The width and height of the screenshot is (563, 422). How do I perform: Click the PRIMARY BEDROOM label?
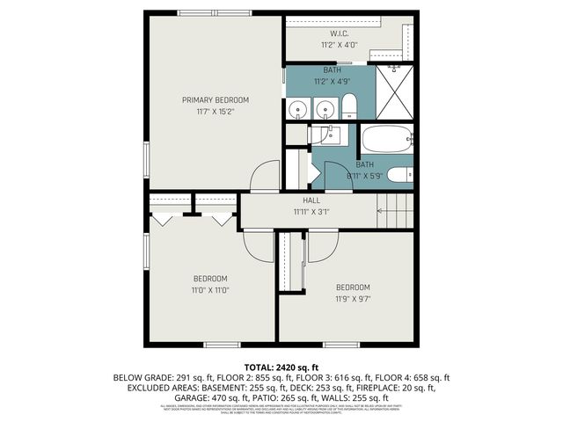point(216,99)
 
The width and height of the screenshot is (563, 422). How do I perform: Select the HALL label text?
point(311,200)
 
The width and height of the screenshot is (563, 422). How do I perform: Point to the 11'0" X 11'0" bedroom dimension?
point(210,290)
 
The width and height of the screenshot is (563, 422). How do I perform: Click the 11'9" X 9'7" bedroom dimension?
point(353,299)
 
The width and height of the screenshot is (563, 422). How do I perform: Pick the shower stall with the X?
point(393,91)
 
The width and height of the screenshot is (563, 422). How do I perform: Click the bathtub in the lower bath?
point(384,140)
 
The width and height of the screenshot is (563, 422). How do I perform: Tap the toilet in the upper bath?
point(348,105)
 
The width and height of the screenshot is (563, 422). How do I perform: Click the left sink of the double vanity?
point(298,110)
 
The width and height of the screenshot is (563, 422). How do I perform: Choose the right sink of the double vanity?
point(325,110)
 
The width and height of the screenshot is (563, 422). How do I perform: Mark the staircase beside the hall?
point(395,211)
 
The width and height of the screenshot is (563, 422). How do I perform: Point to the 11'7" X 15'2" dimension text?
point(216,112)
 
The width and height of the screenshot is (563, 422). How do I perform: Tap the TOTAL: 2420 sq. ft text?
point(281,367)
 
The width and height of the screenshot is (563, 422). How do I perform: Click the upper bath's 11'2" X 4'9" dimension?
point(332,81)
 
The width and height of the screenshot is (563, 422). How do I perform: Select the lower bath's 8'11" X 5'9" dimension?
point(364,176)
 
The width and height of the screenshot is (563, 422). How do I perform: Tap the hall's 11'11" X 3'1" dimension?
point(311,212)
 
